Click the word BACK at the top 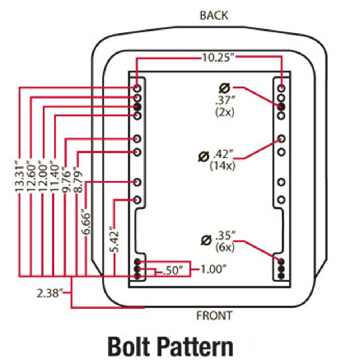click(214, 16)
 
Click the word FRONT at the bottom click(214, 316)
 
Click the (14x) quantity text click(222, 166)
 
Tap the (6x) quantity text click(225, 247)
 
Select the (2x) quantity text click(225, 112)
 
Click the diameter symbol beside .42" click(203, 157)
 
